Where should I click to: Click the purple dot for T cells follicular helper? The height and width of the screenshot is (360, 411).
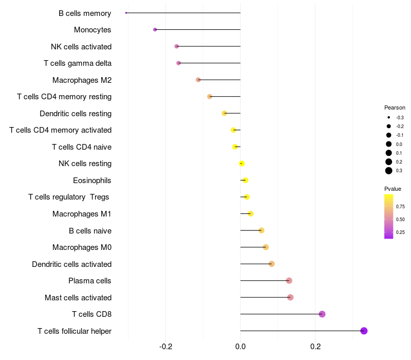click(x=364, y=331)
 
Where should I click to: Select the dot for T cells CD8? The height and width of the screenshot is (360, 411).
click(x=322, y=314)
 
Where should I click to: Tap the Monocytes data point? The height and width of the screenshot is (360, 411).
click(x=155, y=30)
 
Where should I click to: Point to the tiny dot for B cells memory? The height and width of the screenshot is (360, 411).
click(x=126, y=13)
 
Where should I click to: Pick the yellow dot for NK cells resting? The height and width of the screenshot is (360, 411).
click(x=241, y=164)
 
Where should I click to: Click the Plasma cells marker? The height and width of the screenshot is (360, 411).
click(x=289, y=281)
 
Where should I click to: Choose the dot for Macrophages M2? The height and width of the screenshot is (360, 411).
click(x=198, y=80)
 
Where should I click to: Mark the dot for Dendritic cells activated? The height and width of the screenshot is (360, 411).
click(x=272, y=264)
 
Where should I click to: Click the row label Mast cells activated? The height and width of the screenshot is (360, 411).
click(x=78, y=298)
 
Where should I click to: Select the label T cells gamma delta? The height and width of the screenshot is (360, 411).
click(x=78, y=63)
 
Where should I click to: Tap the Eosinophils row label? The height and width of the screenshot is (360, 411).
click(x=92, y=181)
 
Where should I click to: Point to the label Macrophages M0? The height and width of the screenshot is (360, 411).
click(x=82, y=247)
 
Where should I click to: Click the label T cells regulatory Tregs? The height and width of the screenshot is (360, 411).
click(x=69, y=197)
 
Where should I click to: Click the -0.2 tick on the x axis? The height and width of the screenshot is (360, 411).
click(x=166, y=346)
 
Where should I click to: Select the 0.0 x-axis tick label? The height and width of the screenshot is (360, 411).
click(x=240, y=346)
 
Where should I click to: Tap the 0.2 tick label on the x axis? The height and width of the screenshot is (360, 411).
click(x=315, y=346)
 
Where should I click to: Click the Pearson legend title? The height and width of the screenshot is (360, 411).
click(x=395, y=108)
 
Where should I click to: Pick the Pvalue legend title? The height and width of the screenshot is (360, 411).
click(x=393, y=189)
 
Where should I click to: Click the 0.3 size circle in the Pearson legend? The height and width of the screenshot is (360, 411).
click(x=389, y=171)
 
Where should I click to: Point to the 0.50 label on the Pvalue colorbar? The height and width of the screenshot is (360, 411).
click(x=400, y=220)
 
